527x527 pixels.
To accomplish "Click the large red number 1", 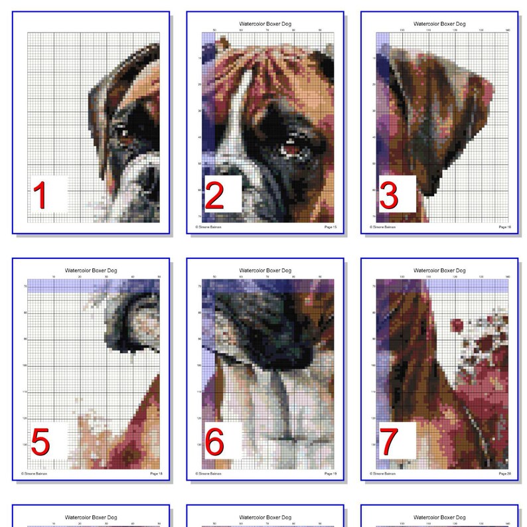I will [40, 197].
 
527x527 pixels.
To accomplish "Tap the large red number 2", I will [214, 196].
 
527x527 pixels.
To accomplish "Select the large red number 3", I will [388, 196].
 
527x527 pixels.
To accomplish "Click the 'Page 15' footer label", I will [331, 226].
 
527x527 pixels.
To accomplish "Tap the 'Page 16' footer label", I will [504, 226].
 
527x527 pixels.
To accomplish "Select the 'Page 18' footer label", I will [156, 473].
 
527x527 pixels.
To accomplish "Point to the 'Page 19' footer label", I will [331, 473].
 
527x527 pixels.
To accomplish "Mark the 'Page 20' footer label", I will [504, 473].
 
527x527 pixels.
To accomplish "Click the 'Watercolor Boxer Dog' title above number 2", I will [265, 23].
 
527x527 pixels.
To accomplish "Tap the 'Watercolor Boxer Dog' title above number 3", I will [439, 23].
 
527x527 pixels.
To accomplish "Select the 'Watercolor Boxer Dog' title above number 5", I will [91, 270].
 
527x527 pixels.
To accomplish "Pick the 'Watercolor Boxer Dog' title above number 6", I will [265, 270].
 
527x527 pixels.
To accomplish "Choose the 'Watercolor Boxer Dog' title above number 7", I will [439, 270].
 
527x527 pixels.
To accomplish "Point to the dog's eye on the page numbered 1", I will [124, 132].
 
